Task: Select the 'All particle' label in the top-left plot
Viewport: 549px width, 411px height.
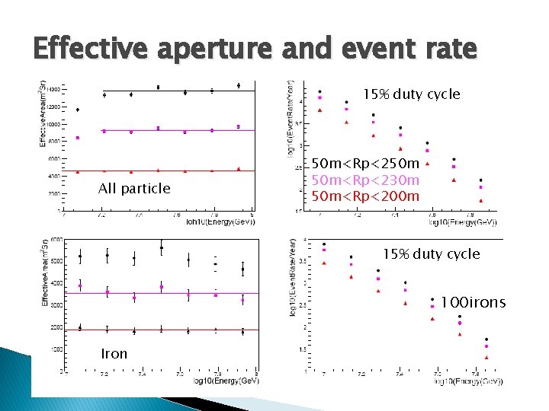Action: point(134,188)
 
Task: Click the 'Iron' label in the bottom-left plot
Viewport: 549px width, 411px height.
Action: point(114,353)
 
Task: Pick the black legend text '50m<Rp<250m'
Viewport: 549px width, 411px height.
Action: point(366,164)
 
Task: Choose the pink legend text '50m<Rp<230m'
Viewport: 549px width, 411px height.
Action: point(366,180)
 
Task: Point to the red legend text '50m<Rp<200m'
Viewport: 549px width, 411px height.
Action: point(366,196)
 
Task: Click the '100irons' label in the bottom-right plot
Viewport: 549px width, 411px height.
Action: point(473,303)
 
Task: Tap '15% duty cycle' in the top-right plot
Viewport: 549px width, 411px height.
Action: point(411,94)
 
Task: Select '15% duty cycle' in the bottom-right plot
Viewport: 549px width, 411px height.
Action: point(431,253)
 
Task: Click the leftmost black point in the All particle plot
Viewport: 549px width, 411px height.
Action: point(78,110)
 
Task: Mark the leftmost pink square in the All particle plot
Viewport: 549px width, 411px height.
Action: point(78,138)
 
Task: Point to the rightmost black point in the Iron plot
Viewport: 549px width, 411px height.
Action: point(242,269)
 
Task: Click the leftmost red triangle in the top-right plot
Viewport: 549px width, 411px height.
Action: point(319,110)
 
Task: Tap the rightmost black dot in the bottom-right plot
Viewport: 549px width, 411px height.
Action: point(486,339)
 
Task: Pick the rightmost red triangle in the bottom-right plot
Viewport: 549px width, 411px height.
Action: point(486,356)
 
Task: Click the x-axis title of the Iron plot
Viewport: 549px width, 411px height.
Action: point(226,380)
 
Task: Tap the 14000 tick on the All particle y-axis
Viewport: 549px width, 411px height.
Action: point(53,89)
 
